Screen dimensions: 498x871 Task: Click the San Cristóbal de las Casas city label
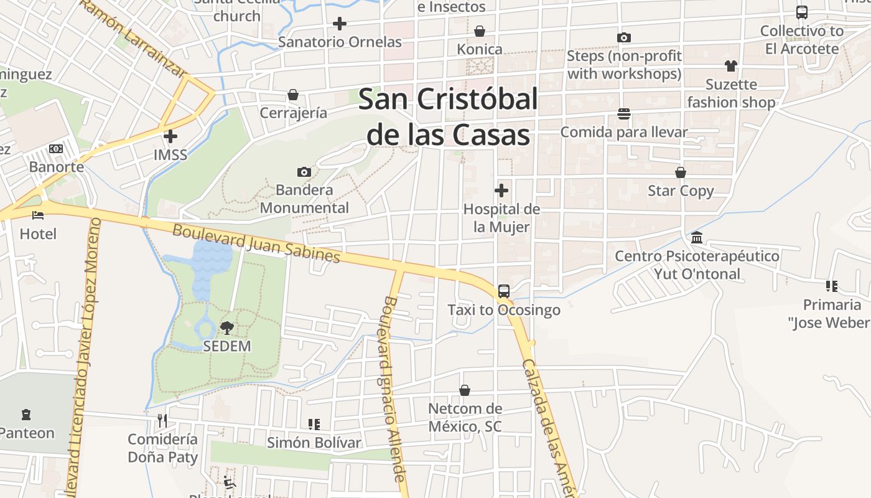[448, 116]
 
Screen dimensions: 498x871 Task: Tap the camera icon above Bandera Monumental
[304, 172]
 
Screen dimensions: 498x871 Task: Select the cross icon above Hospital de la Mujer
[501, 190]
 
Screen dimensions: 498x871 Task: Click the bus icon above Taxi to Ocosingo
[504, 291]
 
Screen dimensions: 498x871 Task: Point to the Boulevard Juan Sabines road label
[256, 243]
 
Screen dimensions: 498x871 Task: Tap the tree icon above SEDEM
[227, 327]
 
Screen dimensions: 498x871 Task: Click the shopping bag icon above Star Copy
[681, 172]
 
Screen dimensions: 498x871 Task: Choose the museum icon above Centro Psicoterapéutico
[697, 237]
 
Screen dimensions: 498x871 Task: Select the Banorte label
[57, 167]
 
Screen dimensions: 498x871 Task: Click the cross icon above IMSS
[170, 136]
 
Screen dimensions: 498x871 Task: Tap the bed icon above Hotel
[38, 215]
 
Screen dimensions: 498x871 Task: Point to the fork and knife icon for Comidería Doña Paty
[162, 421]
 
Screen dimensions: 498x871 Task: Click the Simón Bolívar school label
[314, 443]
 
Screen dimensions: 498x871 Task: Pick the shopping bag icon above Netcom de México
[464, 390]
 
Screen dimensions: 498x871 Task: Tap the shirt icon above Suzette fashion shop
[730, 65]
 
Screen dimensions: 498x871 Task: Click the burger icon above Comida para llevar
[624, 113]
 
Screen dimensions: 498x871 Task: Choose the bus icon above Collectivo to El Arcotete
[802, 12]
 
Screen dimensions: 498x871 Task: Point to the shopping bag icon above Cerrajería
[293, 95]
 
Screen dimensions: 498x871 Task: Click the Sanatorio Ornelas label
[340, 42]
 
